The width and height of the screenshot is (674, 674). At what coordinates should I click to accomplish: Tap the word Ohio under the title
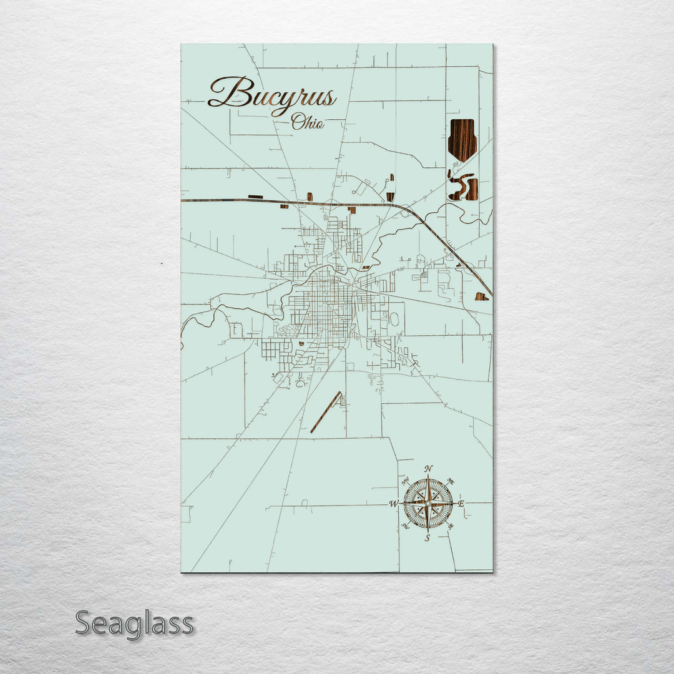[x=308, y=122]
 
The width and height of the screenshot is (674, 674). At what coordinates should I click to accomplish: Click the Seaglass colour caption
[x=134, y=623]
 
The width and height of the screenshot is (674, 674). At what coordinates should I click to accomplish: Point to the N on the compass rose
[x=428, y=469]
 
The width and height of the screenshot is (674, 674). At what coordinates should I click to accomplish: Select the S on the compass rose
[x=427, y=538]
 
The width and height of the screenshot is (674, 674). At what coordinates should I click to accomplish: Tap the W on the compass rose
[x=394, y=504]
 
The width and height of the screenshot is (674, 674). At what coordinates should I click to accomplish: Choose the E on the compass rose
[x=462, y=504]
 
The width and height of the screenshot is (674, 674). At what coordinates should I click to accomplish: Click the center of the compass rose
[x=427, y=502]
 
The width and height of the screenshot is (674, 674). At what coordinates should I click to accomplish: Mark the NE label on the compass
[x=452, y=482]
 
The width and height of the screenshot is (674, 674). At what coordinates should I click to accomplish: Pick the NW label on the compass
[x=404, y=481]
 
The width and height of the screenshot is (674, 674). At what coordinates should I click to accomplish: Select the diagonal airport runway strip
[x=326, y=412]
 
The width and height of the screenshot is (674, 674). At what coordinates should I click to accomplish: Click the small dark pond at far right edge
[x=481, y=296]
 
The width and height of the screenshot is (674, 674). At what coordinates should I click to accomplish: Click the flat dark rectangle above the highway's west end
[x=255, y=197]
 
